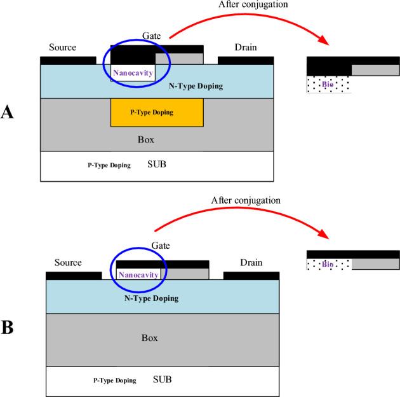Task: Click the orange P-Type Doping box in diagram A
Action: coord(157,112)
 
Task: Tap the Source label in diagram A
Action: coord(62,47)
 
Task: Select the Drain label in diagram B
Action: coord(253,263)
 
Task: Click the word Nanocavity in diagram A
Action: coord(133,73)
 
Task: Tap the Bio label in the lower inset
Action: coord(328,264)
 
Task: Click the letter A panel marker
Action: coord(8,113)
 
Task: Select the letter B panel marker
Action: coord(8,328)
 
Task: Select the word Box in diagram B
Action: coord(150,338)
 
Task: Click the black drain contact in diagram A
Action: coord(246,60)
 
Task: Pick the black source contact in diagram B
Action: coord(74,275)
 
